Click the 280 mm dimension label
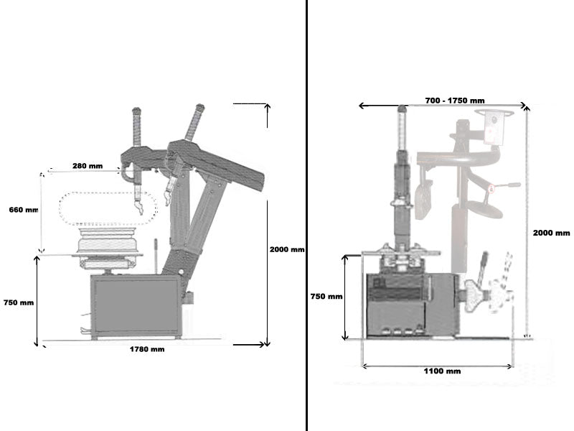coord(88,166)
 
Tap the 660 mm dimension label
coord(24,210)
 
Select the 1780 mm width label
coord(147,349)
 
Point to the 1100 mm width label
coord(442,371)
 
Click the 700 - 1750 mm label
coord(455,101)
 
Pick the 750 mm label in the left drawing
coord(19,302)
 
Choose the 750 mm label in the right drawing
coord(326,297)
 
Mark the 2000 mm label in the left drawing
coord(287,249)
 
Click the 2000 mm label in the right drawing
coord(551,233)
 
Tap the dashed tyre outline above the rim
coord(108,208)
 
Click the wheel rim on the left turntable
coord(108,240)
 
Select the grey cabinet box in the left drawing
coord(136,307)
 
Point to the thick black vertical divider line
coord(306,215)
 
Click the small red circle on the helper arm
coord(491,189)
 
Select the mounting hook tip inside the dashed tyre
coord(139,209)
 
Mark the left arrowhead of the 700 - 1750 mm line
coord(362,106)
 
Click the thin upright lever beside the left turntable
coord(156,256)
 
